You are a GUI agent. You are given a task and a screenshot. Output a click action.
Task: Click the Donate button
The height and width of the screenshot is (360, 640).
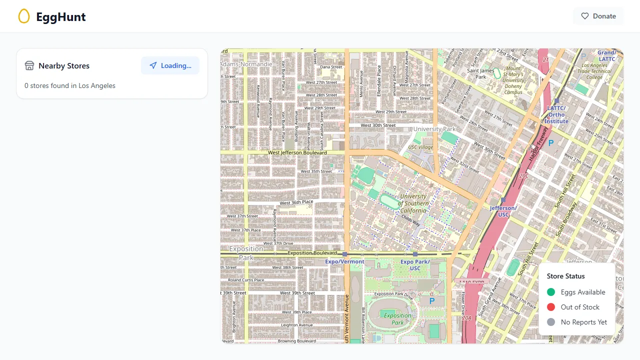tap(598, 16)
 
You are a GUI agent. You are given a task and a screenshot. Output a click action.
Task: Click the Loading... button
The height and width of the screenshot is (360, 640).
tap(170, 65)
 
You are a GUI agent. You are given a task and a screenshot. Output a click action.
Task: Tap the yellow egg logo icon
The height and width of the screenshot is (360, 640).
tap(24, 16)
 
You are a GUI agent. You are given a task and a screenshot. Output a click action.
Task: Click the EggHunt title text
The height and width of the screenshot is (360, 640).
tap(61, 17)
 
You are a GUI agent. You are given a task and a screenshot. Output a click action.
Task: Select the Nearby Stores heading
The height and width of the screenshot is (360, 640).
tap(64, 65)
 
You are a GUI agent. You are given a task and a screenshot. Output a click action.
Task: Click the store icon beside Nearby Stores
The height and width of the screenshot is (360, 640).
tap(29, 65)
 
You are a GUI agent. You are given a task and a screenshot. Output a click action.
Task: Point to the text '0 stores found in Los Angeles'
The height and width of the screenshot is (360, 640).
tap(70, 85)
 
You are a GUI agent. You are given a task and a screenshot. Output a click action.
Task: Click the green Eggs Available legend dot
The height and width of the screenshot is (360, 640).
tap(551, 292)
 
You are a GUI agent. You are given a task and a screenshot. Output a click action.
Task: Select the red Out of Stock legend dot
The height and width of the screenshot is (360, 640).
tap(551, 307)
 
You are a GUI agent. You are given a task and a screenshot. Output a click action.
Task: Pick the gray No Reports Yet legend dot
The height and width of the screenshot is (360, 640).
tap(551, 322)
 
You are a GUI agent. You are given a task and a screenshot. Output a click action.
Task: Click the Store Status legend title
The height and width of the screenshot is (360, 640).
tap(565, 276)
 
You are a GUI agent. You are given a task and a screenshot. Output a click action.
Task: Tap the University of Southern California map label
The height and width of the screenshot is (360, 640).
tap(413, 203)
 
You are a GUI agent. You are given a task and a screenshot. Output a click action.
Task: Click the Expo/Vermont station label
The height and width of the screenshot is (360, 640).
tap(344, 261)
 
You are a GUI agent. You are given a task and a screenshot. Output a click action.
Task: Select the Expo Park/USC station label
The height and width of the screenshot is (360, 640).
tap(415, 265)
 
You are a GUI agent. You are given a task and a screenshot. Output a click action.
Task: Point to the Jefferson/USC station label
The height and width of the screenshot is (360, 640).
tap(503, 211)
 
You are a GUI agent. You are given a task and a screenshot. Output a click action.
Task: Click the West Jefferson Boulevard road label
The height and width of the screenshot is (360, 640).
tap(297, 152)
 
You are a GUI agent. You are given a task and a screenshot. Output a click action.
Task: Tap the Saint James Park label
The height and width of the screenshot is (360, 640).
tap(480, 74)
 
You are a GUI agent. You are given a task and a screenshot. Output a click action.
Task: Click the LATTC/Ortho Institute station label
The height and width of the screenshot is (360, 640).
tap(556, 114)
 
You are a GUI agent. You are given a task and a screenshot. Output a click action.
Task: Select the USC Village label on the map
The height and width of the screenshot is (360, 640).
tap(420, 147)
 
